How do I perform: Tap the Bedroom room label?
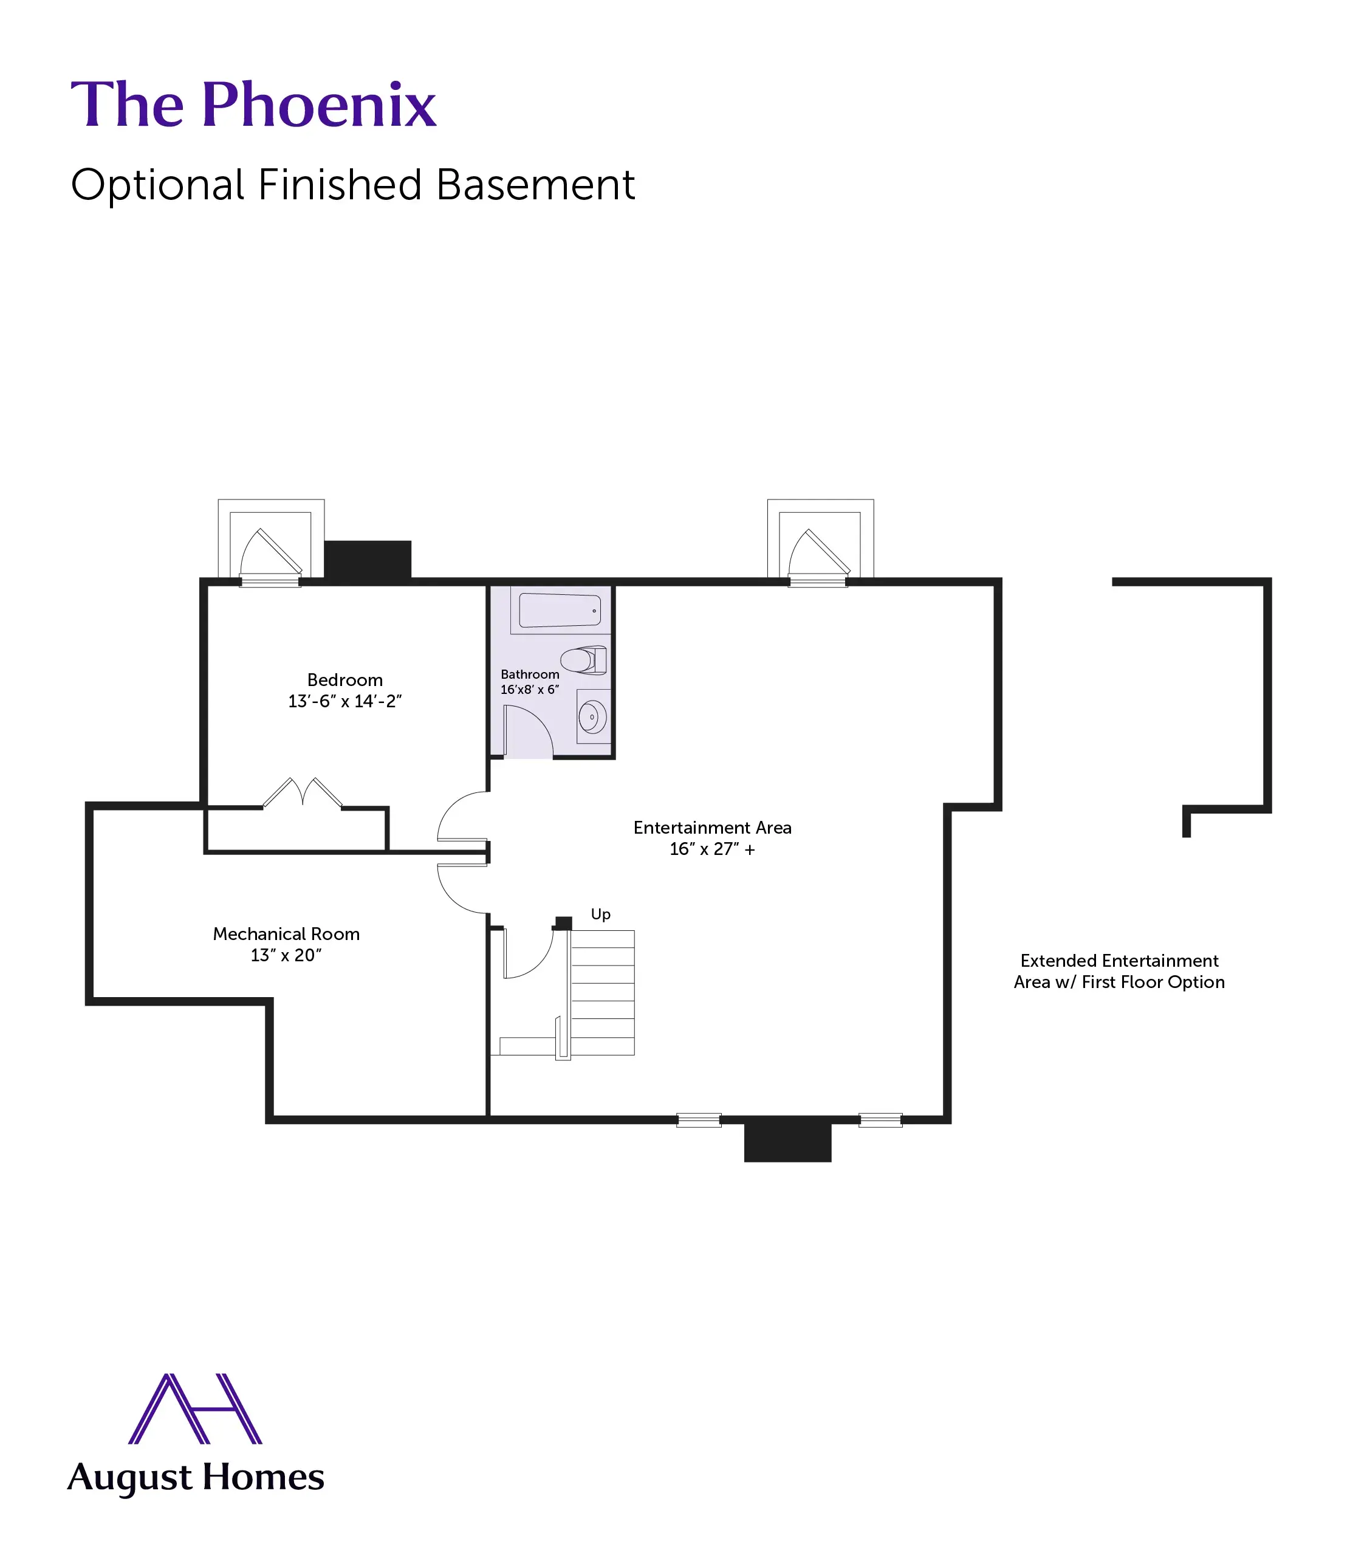345,680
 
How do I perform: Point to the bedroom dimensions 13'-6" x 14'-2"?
345,701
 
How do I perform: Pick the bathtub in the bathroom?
560,610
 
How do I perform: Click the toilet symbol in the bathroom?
584,660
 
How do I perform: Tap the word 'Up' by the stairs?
600,914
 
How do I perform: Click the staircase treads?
603,992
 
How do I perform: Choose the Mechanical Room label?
286,934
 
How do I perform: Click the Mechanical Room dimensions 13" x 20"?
286,955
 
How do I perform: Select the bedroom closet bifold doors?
303,794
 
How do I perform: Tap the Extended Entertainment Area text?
1119,971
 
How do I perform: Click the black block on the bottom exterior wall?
787,1141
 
